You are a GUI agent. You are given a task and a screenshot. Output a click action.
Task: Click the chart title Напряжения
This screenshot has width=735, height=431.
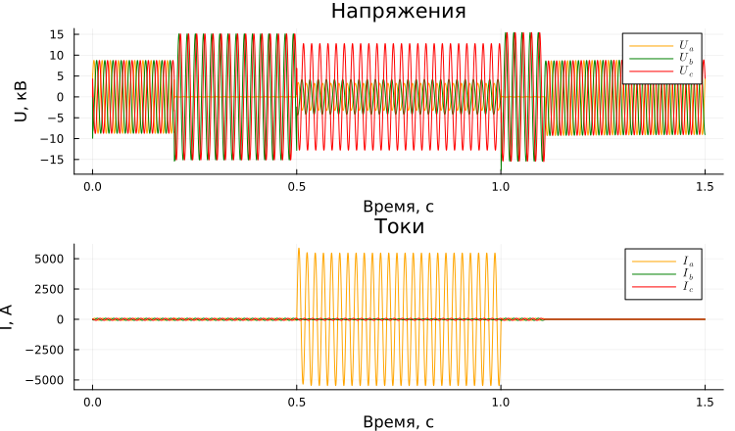398,12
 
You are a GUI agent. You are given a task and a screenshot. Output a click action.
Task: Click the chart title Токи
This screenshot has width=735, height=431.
398,227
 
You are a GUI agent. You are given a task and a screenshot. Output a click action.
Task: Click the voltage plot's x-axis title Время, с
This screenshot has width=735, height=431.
398,207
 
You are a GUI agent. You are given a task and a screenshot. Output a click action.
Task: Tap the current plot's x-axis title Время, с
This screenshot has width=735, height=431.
398,422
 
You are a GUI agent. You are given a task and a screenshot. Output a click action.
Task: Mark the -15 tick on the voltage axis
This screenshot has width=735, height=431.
54,160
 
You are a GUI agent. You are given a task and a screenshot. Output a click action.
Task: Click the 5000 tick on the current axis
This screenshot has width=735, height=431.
50,259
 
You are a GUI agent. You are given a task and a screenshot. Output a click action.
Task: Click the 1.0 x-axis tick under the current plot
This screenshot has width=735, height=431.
501,402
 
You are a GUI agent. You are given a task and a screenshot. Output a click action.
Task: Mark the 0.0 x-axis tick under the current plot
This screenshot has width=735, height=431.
92,402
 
